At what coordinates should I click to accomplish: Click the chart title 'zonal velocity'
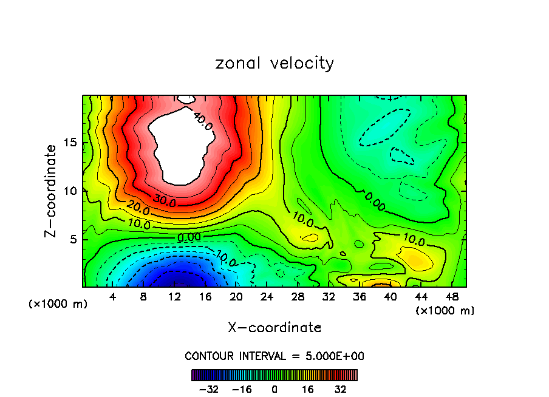point(274,63)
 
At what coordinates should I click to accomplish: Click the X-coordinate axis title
point(274,328)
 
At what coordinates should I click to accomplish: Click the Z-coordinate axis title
point(52,191)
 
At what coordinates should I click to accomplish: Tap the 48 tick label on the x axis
point(452,297)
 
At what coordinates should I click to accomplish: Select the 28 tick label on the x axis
point(298,297)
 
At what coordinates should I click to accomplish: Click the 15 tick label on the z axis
point(70,143)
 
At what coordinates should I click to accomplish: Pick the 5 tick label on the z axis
point(73,239)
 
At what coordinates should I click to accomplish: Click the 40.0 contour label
point(202,121)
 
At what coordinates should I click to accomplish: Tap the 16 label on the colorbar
point(308,389)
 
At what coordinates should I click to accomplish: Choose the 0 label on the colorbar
point(274,389)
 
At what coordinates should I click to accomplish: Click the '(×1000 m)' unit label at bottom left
point(58,304)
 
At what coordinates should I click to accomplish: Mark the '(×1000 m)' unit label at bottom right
point(445,311)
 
